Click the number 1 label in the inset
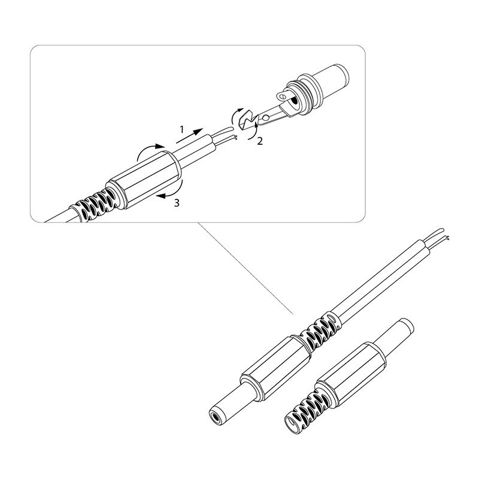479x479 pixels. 182,129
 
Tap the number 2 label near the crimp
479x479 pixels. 260,141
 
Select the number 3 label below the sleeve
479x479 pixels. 177,203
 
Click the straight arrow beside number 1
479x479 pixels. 189,136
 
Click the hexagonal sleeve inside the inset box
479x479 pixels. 144,180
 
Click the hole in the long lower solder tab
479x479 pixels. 266,117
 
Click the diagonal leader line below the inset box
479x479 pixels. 245,268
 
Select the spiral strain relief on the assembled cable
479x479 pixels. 320,331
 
